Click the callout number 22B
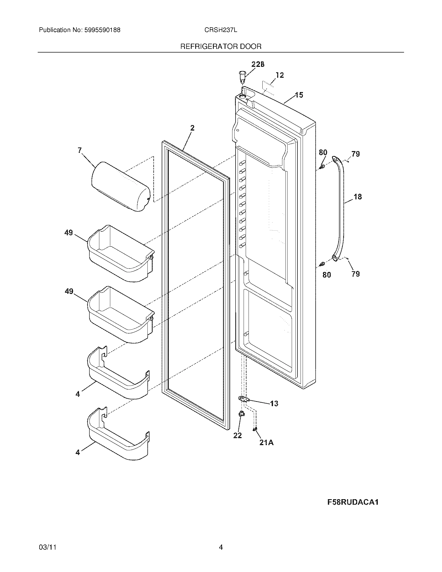coord(258,64)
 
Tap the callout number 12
coord(280,75)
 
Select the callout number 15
coord(299,95)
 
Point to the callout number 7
coord(80,150)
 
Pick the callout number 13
coord(274,404)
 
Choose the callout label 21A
coord(266,443)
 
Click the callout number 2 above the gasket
coord(192,128)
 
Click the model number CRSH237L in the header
coord(221,30)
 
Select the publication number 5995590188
coord(102,30)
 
